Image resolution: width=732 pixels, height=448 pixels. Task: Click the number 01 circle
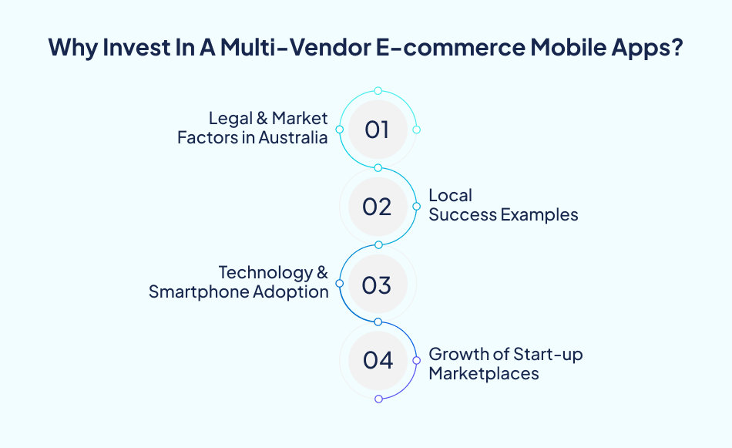coord(378,130)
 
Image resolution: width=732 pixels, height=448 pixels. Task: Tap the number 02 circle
coord(378,207)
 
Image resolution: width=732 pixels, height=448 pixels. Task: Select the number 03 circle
coord(378,285)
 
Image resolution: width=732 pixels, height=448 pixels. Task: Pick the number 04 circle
coord(378,360)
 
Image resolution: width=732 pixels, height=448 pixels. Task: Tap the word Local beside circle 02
coord(450,196)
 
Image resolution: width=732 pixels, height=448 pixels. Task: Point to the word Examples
coord(539,215)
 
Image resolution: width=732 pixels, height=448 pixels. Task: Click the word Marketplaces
coord(483,374)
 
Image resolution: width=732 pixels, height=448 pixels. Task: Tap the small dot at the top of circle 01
coord(378,91)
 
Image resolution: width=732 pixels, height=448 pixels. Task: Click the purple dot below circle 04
coord(378,399)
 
